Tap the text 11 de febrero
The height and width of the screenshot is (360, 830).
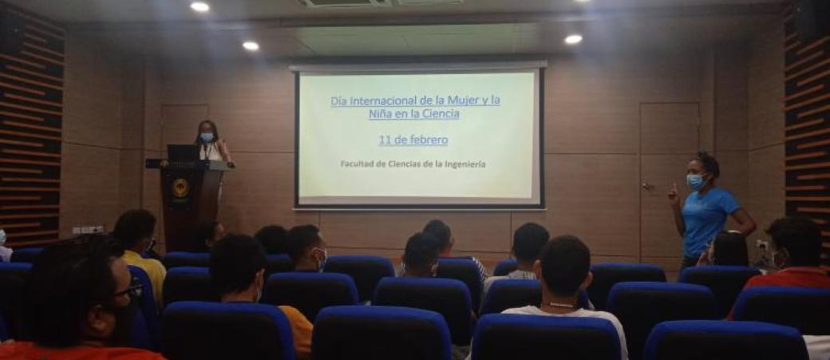click(413, 140)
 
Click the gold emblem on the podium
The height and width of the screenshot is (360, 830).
click(180, 188)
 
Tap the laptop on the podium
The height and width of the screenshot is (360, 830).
click(182, 153)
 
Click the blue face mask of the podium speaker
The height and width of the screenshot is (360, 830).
click(207, 137)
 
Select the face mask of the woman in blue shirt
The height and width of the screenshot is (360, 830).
click(695, 181)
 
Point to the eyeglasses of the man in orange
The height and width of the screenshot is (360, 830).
click(129, 290)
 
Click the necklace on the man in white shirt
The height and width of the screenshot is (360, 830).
click(561, 305)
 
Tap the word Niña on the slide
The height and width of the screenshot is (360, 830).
click(379, 114)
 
